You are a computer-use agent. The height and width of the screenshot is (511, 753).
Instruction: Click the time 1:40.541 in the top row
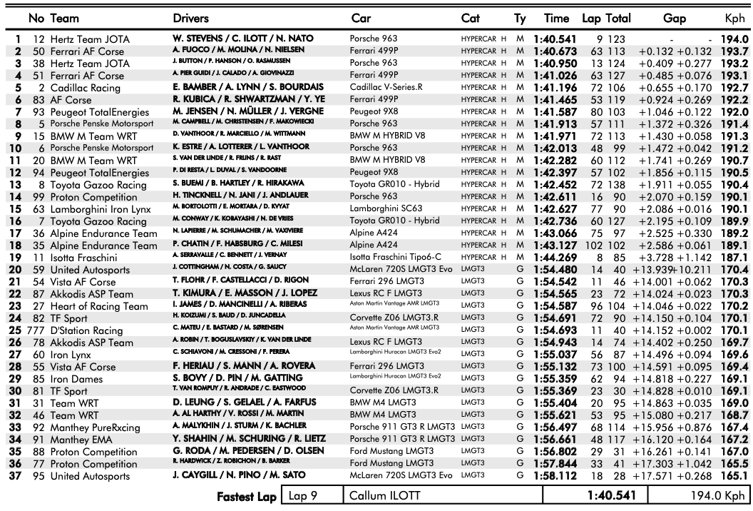click(565, 38)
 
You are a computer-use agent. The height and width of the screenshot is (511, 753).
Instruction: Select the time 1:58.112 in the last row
click(565, 475)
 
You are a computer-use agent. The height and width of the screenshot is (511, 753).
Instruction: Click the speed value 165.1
click(735, 475)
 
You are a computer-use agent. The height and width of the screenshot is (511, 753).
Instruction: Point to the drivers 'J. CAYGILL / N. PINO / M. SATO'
click(247, 475)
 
